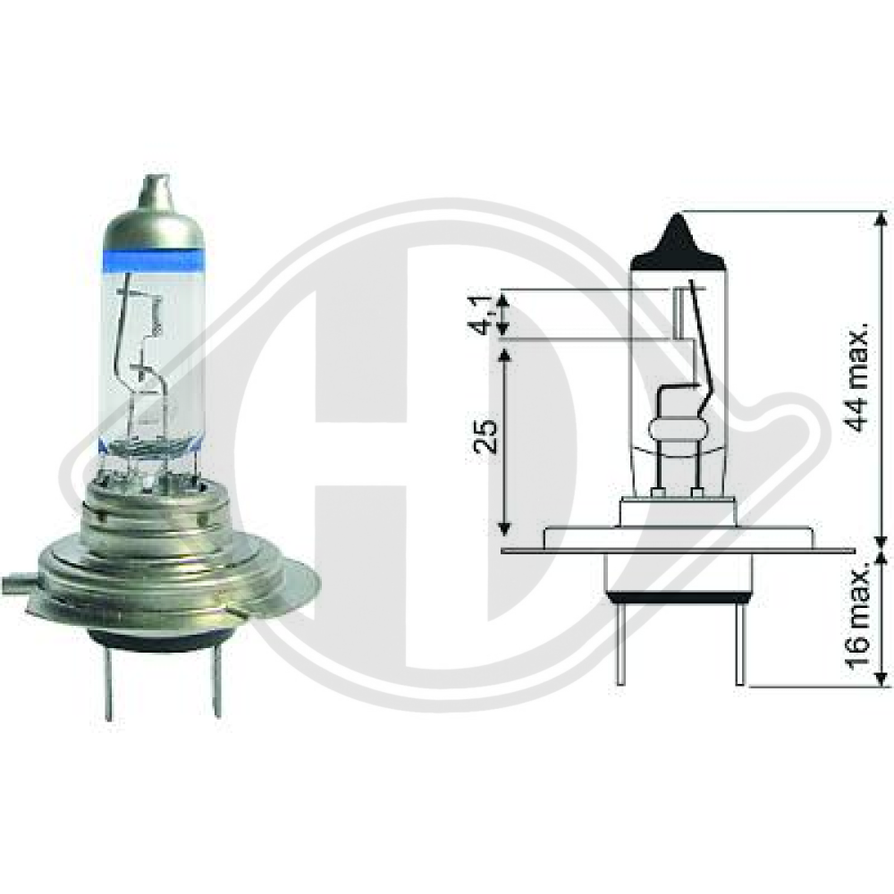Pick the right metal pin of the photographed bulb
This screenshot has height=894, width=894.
coord(215,685)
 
